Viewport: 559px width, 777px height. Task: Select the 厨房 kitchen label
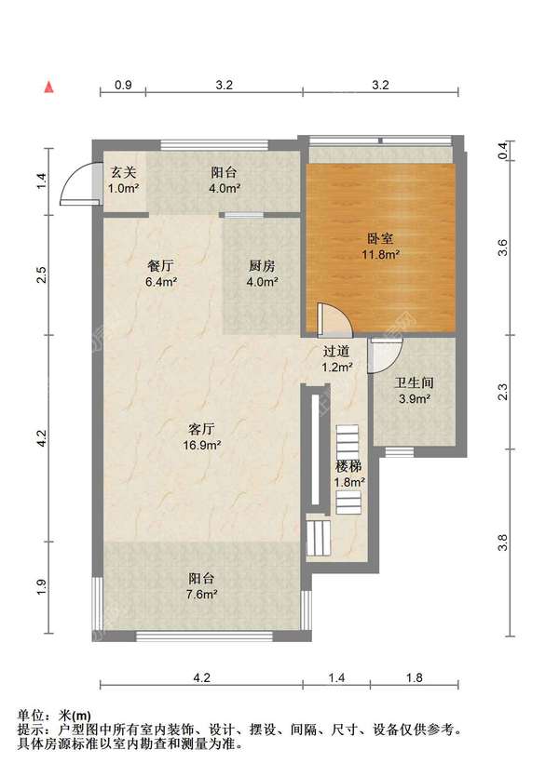(261, 264)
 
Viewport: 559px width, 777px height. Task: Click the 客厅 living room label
(202, 430)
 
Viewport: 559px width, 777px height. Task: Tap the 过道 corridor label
(336, 351)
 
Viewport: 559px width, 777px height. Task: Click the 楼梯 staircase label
(349, 465)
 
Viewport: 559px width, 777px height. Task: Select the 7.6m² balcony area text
(202, 594)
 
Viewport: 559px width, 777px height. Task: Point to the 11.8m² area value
(382, 253)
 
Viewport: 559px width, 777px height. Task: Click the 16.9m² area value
(202, 446)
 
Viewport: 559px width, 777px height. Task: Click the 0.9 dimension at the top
(123, 85)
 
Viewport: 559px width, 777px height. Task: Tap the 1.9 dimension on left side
(41, 588)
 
